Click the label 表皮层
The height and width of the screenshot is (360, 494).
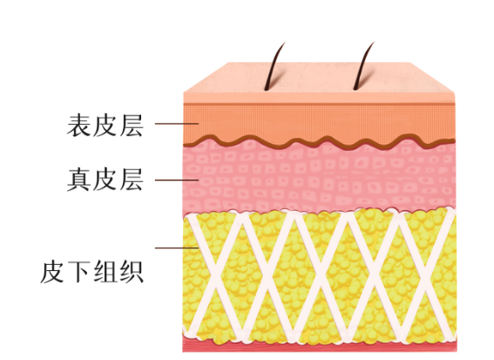pos(105,126)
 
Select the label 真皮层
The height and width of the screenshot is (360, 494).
pos(105,180)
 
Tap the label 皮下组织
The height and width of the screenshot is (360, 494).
pos(92,271)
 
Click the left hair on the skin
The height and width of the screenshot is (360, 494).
pos(274,66)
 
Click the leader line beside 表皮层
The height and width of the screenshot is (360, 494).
pos(177,124)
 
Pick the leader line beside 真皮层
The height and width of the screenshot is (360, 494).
pos(177,180)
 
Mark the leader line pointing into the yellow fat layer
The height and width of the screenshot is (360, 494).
pos(177,248)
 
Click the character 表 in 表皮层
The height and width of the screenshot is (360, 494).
pos(78,126)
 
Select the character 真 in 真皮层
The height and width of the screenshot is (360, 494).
pos(78,180)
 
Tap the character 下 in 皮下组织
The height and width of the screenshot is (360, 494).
pos(78,271)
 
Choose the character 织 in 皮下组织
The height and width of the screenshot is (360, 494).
pos(132,271)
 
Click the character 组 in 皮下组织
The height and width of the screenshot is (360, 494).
pos(105,271)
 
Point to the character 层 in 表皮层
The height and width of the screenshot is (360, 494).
pos(132,126)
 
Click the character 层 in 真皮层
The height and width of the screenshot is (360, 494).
pos(132,180)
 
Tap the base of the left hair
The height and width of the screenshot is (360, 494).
pos(267,90)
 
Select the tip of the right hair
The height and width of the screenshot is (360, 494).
pos(375,42)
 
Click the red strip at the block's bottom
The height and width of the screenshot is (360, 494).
pos(320,347)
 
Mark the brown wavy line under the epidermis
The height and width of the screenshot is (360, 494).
pos(319,142)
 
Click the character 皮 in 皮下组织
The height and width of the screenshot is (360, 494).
pos(52,271)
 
